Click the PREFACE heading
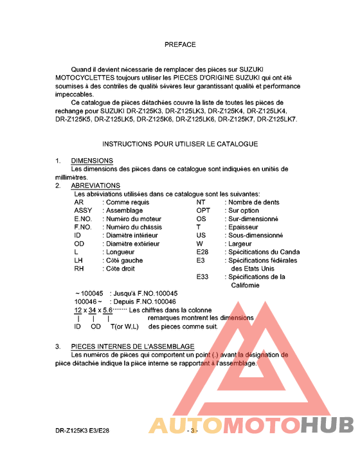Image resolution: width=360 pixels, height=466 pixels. click(x=180, y=45)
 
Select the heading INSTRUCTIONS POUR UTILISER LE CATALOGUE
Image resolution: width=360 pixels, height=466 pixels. click(x=180, y=144)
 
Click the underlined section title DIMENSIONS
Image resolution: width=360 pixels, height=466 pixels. click(x=92, y=161)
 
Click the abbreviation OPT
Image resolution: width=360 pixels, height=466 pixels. click(x=203, y=210)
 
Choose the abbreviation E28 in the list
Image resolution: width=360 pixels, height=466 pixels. click(x=202, y=252)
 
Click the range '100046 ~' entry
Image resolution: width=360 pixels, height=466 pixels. click(x=89, y=301)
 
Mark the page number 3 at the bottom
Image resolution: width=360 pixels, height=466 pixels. click(x=192, y=430)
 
